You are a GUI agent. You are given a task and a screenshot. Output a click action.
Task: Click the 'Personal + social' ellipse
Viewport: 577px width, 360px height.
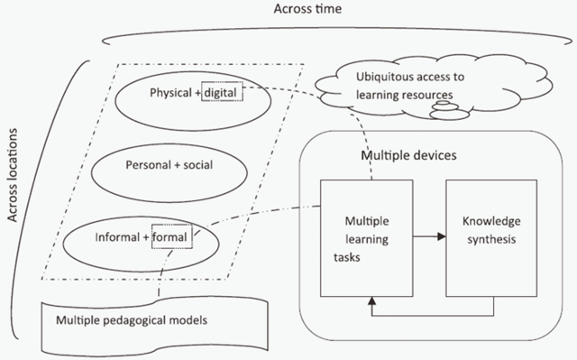170,165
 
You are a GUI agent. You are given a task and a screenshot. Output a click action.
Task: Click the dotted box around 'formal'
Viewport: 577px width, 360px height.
169,238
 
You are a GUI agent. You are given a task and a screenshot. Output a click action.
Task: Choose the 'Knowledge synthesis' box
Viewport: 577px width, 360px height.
492,236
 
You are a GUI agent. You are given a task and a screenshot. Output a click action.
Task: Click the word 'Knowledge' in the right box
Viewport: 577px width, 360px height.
491,220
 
